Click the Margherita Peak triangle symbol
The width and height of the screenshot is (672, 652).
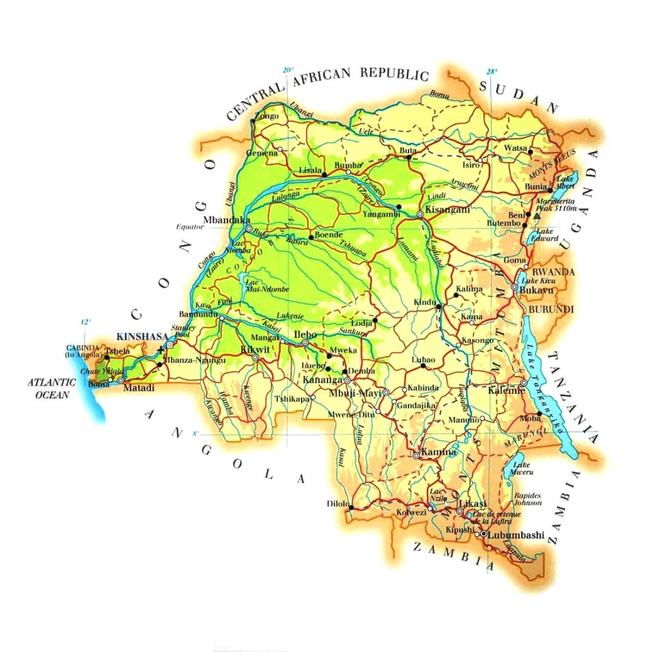tap(536, 216)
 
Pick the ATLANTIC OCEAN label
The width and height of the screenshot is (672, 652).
tap(51, 388)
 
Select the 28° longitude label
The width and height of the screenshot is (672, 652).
tap(492, 71)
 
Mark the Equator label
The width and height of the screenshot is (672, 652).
tap(190, 227)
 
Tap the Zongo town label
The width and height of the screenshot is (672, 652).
tap(267, 116)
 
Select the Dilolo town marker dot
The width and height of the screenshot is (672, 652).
tap(351, 507)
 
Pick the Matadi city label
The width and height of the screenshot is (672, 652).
tap(140, 388)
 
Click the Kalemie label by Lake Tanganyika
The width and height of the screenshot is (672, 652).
tap(506, 391)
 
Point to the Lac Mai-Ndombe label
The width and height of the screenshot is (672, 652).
tap(267, 285)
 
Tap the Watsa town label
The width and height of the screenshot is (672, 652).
tap(515, 148)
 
